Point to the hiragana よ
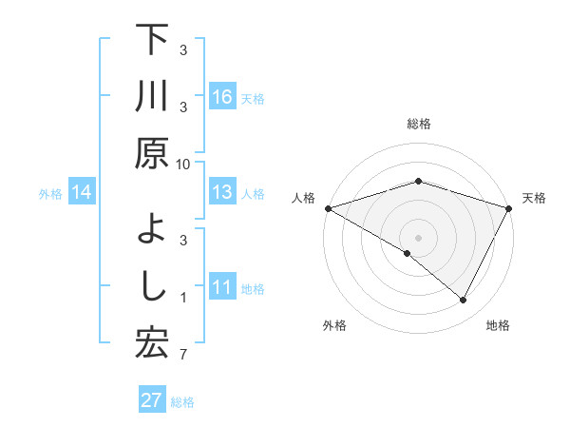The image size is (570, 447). (x=152, y=228)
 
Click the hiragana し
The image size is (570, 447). (x=152, y=286)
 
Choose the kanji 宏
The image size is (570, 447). (x=151, y=343)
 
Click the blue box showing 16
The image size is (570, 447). (x=222, y=97)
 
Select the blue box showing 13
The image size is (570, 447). (x=222, y=193)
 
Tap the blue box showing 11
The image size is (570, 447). (x=222, y=288)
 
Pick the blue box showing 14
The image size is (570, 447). (x=82, y=193)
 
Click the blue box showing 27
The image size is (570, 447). (x=152, y=400)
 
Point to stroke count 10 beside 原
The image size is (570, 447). (x=183, y=164)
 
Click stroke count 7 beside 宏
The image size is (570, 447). (x=183, y=356)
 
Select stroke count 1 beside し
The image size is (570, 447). (x=183, y=298)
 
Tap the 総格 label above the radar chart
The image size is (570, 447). (x=418, y=125)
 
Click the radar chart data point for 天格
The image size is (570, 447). (x=510, y=208)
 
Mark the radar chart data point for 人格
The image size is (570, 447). (x=327, y=208)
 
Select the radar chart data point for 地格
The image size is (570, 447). (x=464, y=301)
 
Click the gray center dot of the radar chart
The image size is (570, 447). (x=418, y=237)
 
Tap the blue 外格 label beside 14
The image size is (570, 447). (x=50, y=194)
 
